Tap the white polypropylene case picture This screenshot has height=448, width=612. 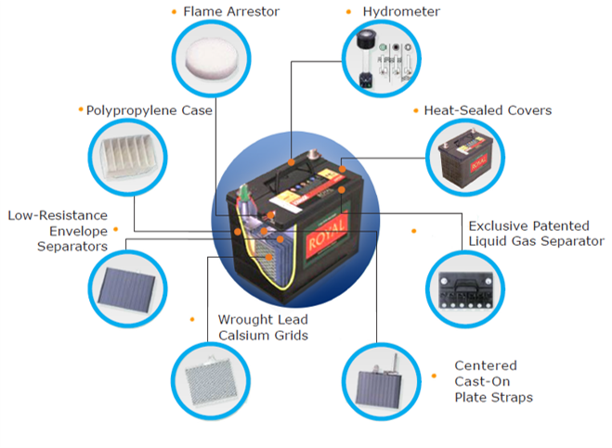pos(125,159)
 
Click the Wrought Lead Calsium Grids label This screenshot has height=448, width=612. pos(263,326)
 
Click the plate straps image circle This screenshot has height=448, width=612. pos(379,379)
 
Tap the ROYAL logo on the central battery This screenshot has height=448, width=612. pos(327,229)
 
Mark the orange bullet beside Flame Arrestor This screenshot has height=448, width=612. pos(173,12)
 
